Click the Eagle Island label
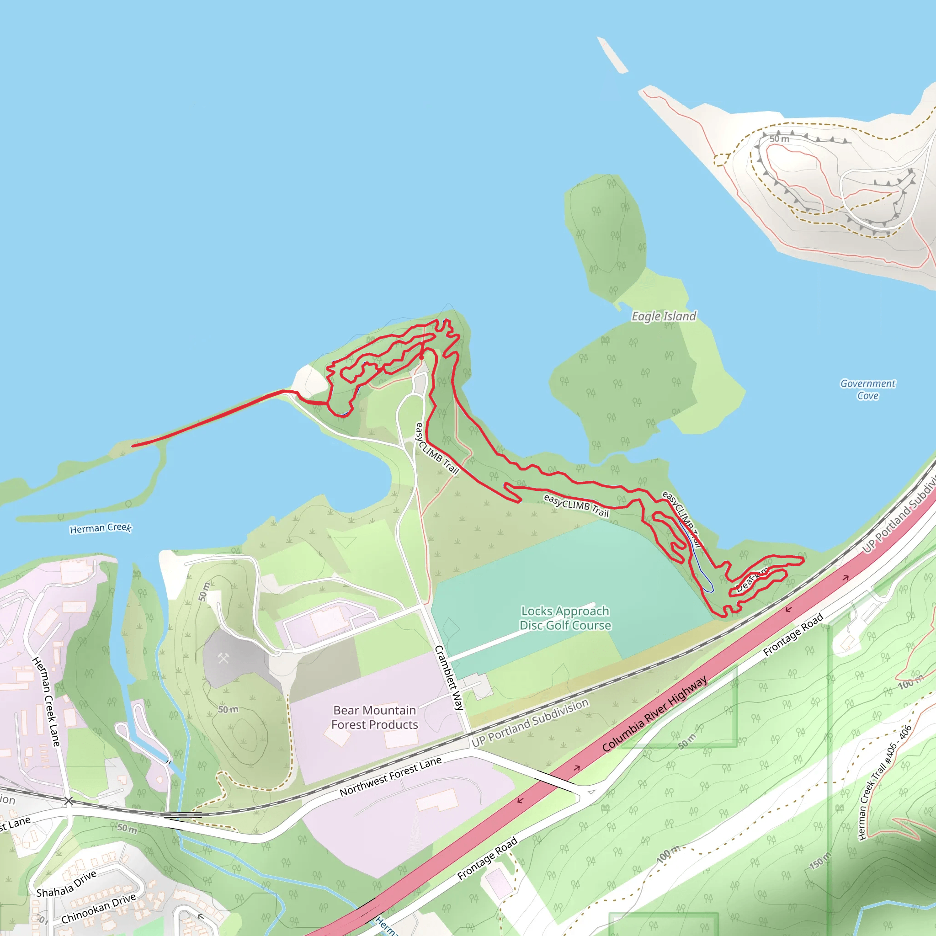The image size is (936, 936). pos(664,316)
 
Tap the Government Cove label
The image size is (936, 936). pos(868,389)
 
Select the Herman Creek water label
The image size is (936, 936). pos(100,528)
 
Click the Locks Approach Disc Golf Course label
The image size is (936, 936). pos(565,618)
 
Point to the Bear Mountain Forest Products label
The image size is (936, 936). pos(374,718)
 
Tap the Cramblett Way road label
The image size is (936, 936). pos(449,678)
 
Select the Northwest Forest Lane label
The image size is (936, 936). pos(390,776)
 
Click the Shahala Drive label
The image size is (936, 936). pos(66,884)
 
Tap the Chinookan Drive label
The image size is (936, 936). pos(98,909)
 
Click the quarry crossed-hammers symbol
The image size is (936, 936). pos(223,658)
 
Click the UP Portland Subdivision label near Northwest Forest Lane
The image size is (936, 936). pos(530,723)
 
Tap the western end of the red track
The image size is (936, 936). pos(133,446)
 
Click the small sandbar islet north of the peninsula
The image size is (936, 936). pos(612,55)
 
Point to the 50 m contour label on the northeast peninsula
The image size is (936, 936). pos(780,139)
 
